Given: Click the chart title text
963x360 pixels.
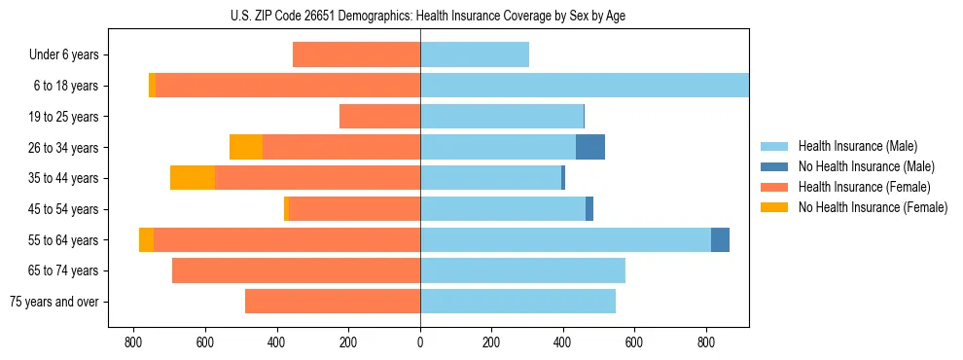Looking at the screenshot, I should pos(421,16).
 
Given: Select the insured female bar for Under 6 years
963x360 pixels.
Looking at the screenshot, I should pos(356,54).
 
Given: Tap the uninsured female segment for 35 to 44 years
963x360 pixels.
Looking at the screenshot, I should pos(193,178).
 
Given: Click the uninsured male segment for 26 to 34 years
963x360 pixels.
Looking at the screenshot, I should pos(590,147).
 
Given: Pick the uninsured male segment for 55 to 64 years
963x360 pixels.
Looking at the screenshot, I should pos(720,239).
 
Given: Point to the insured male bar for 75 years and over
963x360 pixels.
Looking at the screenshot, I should pos(517,302).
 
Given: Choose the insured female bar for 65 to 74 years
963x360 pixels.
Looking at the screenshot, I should pos(296,270).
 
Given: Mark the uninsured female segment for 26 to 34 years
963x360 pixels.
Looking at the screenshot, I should pos(246,147).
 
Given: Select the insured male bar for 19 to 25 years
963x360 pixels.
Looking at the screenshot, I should pos(502,117).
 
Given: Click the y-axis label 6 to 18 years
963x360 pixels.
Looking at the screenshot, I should pos(65,86).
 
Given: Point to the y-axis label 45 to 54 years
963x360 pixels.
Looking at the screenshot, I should pos(63,209).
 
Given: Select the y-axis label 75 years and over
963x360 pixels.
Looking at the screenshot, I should pos(53,302).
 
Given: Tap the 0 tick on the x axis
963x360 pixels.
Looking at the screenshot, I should pos(420,342).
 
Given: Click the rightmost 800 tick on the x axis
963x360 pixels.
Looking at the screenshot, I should pos(706,342).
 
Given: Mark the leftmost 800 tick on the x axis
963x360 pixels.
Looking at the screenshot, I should pos(133,342).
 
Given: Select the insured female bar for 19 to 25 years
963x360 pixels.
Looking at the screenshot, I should pos(379,117).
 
